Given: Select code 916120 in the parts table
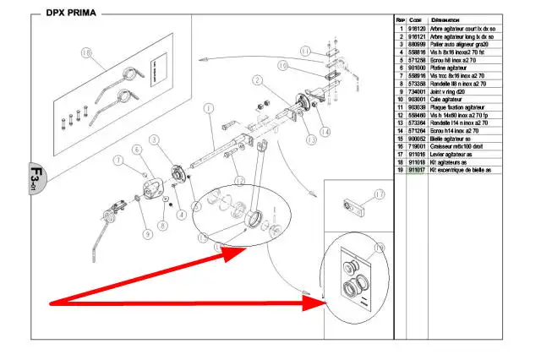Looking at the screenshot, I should coord(417,29).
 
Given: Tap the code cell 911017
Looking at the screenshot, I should coord(417,170).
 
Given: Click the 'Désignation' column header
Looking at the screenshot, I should coord(445,19).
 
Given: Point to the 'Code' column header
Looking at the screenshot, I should coord(416,19).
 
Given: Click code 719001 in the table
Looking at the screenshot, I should coord(417,146).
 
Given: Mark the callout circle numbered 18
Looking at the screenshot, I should coord(85,52).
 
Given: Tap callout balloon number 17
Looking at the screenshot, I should coord(379,194).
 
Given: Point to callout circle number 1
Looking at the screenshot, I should coord(207,108).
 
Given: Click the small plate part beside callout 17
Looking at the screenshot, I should coord(347,206).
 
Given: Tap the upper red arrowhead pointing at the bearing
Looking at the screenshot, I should coord(221,249).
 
